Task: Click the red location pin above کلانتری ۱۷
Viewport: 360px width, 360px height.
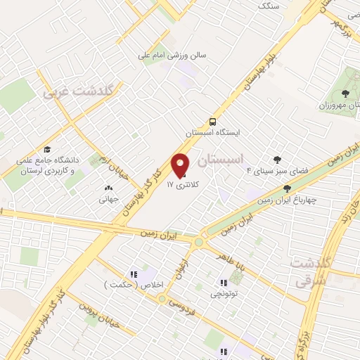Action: tap(181, 165)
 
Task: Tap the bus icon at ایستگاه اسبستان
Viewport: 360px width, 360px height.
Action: tap(213, 121)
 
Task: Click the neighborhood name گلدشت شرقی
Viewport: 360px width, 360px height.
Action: tap(309, 271)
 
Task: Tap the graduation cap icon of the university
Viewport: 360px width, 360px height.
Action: tap(47, 149)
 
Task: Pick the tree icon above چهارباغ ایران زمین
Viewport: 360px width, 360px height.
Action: tap(287, 188)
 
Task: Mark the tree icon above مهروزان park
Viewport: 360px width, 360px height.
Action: tap(345, 93)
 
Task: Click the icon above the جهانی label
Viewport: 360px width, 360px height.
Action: tap(108, 188)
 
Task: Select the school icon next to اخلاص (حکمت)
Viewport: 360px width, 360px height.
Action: tap(133, 274)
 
